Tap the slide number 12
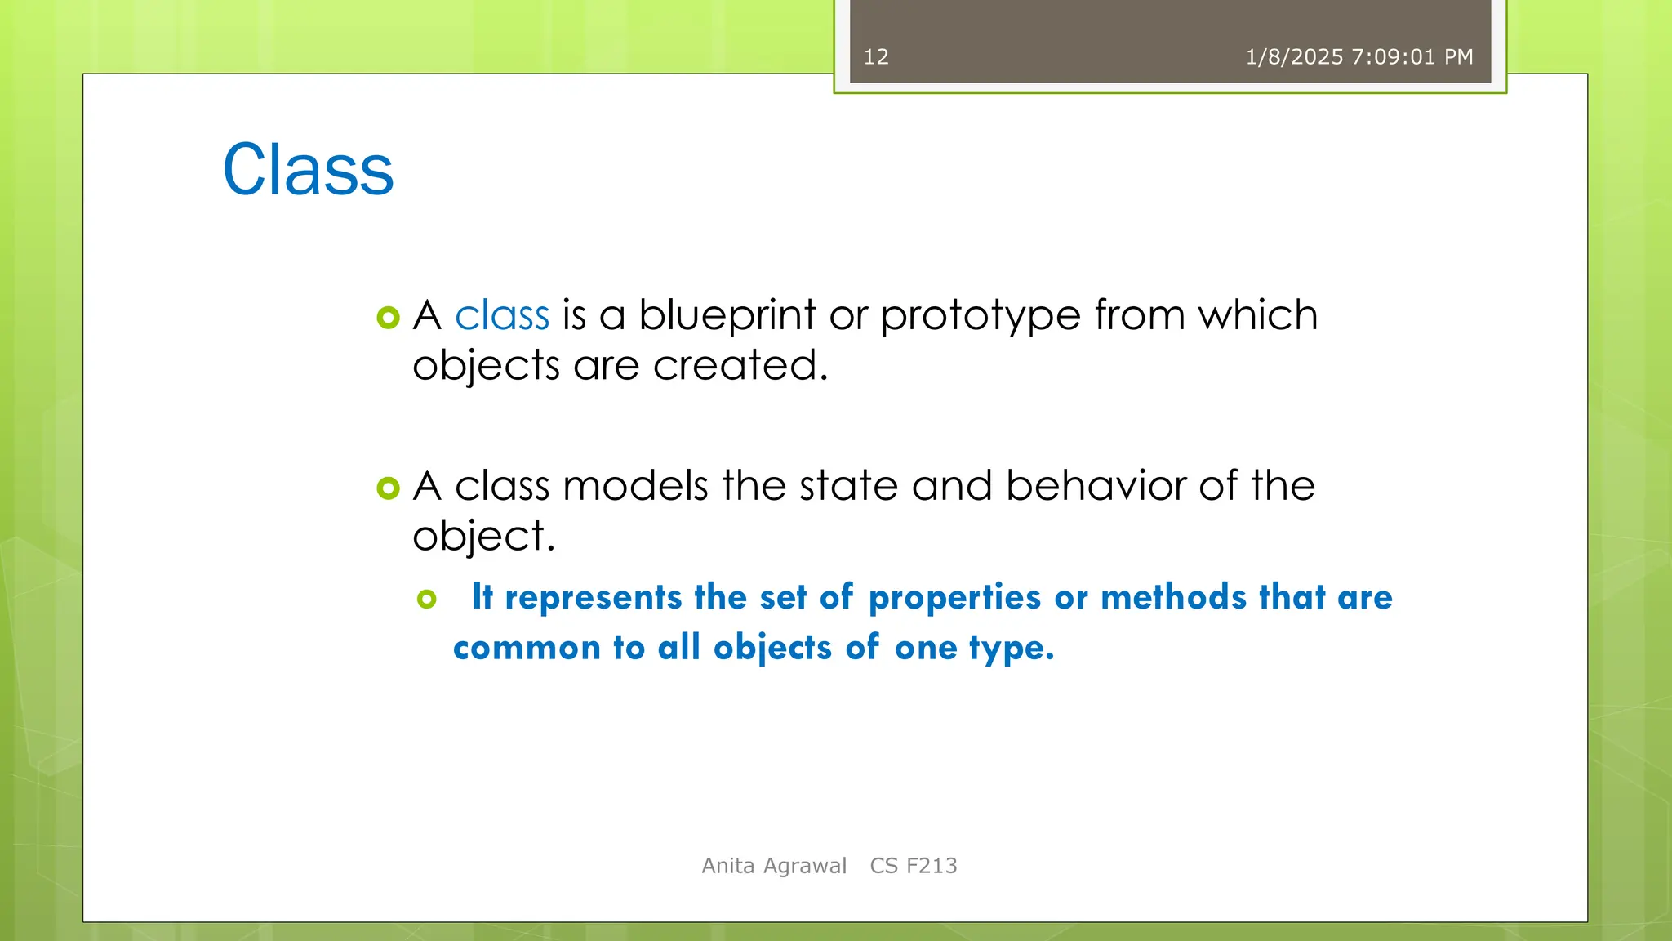(876, 57)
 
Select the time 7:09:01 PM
(1412, 57)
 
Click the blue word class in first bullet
(501, 315)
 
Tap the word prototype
(980, 316)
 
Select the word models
(635, 486)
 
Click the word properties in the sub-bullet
(954, 598)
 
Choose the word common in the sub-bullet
(527, 649)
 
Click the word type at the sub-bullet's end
(1011, 649)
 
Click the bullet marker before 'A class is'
(389, 318)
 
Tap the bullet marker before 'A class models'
(389, 488)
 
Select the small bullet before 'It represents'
(426, 600)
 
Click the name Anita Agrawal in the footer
(774, 866)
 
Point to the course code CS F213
(913, 866)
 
